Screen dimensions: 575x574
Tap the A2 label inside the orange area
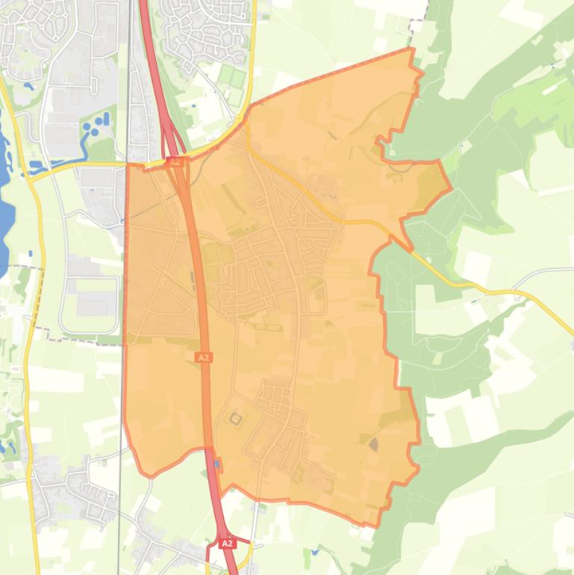point(203,358)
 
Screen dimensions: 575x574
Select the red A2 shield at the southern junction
point(228,544)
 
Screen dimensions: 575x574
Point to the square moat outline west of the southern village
point(236,420)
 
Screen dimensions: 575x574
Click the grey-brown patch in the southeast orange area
point(373,444)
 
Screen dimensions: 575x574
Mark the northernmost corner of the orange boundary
point(411,49)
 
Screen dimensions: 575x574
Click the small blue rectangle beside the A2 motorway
point(217,464)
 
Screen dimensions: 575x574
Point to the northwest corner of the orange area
point(128,165)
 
